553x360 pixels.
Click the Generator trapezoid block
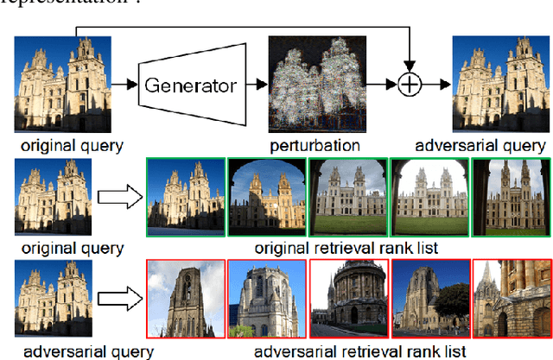[188, 85]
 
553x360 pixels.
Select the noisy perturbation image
[314, 84]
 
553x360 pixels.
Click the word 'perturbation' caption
[314, 145]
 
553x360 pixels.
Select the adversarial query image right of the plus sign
[499, 84]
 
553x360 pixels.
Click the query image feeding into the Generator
[63, 84]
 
